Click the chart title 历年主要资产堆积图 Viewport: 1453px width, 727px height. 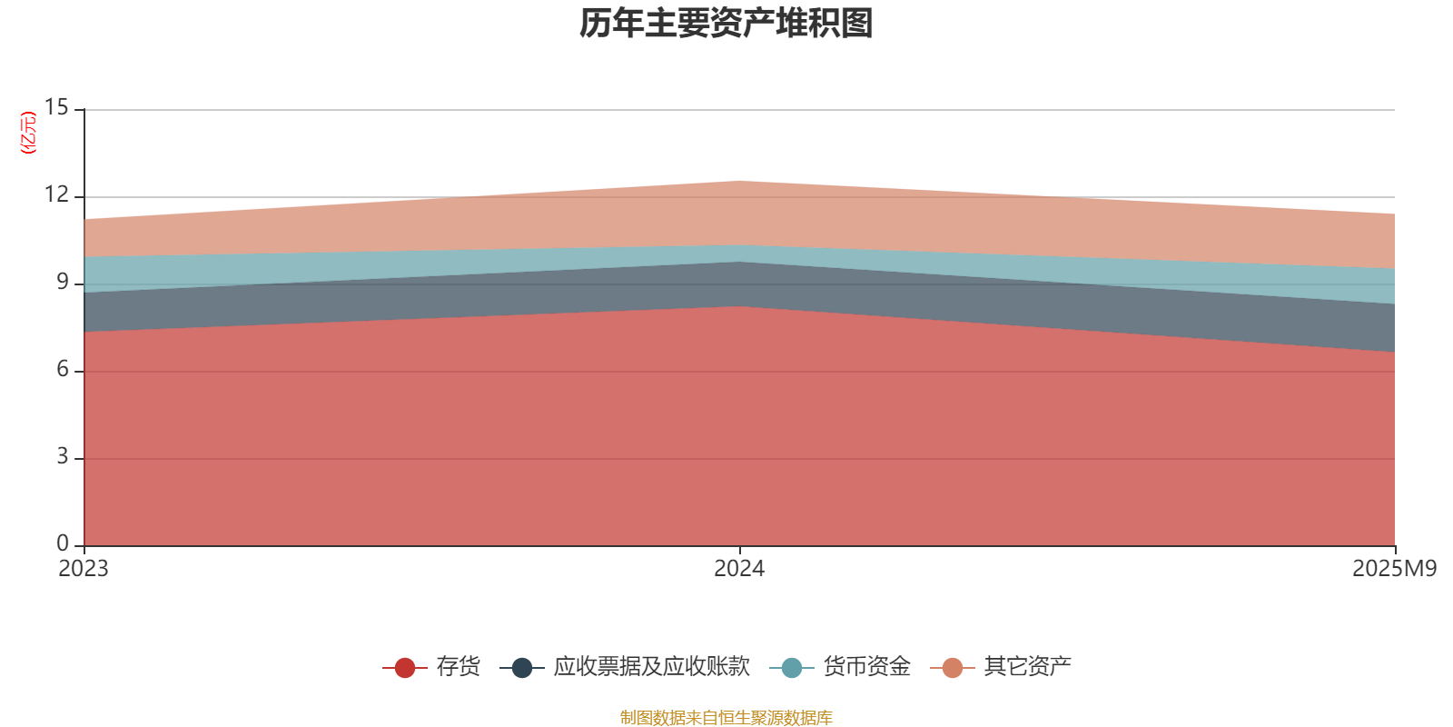tap(726, 24)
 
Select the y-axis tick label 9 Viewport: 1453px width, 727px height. tap(63, 283)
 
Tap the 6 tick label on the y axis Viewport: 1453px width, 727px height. tap(63, 370)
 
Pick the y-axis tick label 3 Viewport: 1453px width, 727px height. tap(63, 457)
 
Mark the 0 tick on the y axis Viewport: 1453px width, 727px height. tap(63, 544)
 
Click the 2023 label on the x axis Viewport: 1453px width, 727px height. tap(84, 569)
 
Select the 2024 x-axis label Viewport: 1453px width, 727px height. tap(739, 569)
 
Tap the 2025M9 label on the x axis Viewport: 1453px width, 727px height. tap(1394, 569)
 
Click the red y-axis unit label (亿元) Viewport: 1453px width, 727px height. tap(28, 133)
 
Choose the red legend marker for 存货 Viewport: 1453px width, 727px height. tap(405, 668)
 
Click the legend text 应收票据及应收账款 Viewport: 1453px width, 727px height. tap(651, 667)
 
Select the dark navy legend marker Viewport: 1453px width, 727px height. tap(522, 668)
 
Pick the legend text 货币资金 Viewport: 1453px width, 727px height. tap(866, 667)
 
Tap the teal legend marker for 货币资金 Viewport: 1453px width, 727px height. tap(792, 668)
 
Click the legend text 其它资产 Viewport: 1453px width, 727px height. tap(1027, 667)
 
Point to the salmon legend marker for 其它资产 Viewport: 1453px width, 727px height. tap(953, 668)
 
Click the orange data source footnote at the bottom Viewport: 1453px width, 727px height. tap(726, 718)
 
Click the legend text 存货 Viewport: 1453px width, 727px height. tap(458, 667)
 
